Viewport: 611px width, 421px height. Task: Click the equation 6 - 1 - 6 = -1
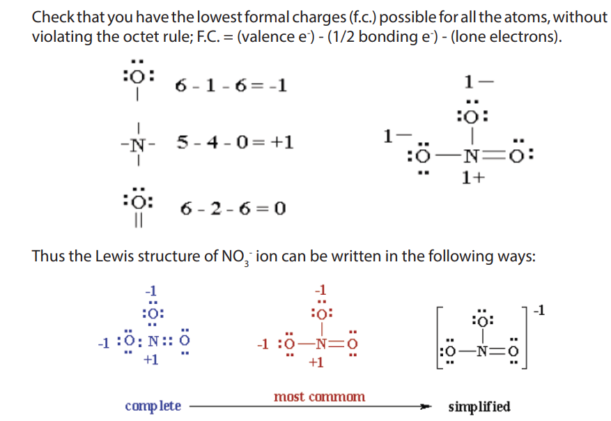tap(231, 85)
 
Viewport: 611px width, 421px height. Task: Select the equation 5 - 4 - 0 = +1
tap(235, 142)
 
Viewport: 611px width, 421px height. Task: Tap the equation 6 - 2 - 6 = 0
tap(233, 208)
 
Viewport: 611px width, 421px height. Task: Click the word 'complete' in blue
tap(153, 406)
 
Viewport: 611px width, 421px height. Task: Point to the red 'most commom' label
tap(319, 397)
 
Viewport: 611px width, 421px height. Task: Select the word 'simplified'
tap(479, 406)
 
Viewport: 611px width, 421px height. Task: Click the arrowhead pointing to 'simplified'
tap(426, 406)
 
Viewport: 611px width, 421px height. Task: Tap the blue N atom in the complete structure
tap(153, 342)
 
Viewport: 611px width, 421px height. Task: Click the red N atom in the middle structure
tap(321, 344)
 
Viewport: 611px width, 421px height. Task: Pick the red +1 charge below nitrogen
tap(316, 363)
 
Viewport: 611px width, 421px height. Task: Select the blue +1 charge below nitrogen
tap(151, 360)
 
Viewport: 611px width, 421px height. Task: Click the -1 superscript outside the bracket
tap(539, 310)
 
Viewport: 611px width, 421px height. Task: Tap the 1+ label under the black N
tap(473, 178)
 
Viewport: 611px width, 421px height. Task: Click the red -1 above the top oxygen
tap(320, 290)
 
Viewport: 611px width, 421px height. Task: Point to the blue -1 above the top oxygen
tap(150, 291)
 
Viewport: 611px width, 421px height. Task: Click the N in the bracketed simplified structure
tap(482, 351)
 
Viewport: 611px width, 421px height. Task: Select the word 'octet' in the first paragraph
tap(137, 36)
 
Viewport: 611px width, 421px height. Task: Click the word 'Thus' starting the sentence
tap(45, 257)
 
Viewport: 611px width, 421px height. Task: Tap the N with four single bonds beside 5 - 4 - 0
tap(137, 146)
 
